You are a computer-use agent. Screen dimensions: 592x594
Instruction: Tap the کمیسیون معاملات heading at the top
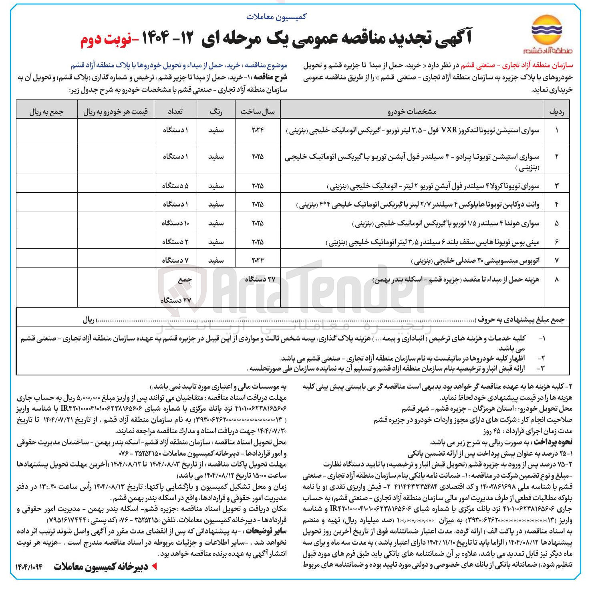click(276, 17)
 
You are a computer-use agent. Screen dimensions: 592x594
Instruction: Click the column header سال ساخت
click(258, 112)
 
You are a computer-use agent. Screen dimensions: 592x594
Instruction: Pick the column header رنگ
click(216, 112)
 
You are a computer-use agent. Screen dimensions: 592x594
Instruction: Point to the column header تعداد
click(175, 112)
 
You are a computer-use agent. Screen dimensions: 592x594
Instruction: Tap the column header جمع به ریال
click(46, 112)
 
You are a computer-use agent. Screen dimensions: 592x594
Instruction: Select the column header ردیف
click(557, 112)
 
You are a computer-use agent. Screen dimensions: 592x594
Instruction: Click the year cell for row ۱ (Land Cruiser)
click(258, 130)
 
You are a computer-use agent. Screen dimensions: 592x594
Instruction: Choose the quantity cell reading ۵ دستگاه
click(175, 186)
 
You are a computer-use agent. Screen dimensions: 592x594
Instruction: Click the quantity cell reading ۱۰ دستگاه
click(175, 223)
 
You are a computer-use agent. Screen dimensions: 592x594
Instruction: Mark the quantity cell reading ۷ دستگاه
click(175, 260)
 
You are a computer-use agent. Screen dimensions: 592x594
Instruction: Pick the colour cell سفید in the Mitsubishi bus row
click(216, 260)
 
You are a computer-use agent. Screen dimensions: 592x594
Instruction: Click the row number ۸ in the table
click(556, 280)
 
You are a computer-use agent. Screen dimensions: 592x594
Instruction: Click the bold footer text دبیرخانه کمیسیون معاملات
click(101, 566)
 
